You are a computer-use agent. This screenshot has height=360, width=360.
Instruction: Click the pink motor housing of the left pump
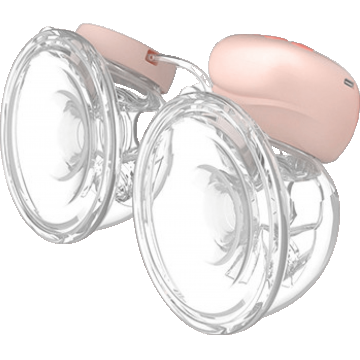pyautogui.click(x=110, y=40)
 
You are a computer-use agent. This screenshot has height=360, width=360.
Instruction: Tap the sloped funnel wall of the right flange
pyautogui.click(x=190, y=250)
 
